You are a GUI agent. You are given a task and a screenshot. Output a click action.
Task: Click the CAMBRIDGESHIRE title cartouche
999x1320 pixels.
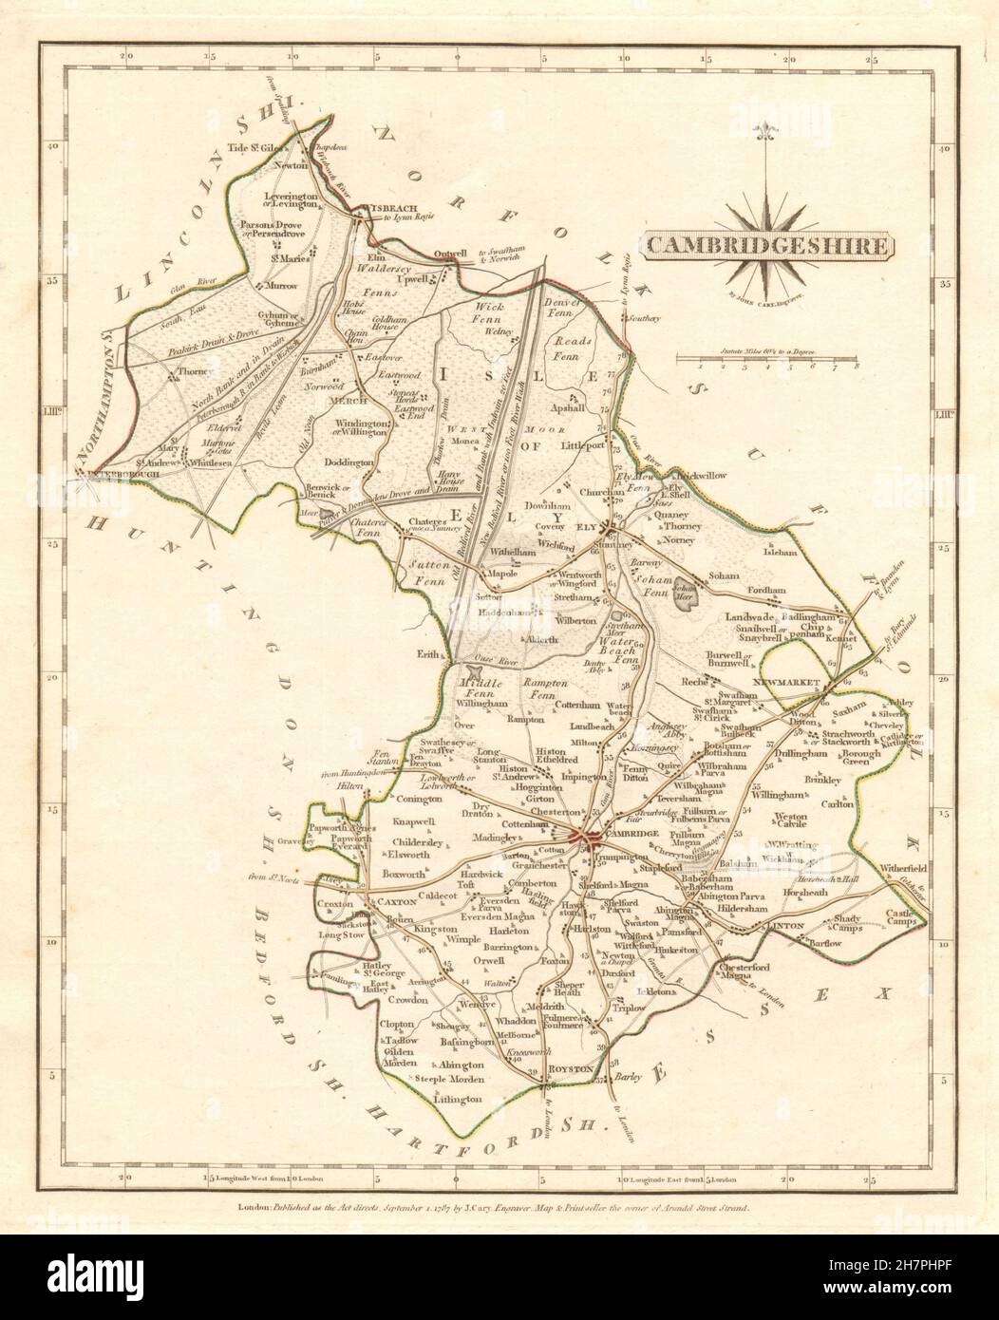pos(769,246)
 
